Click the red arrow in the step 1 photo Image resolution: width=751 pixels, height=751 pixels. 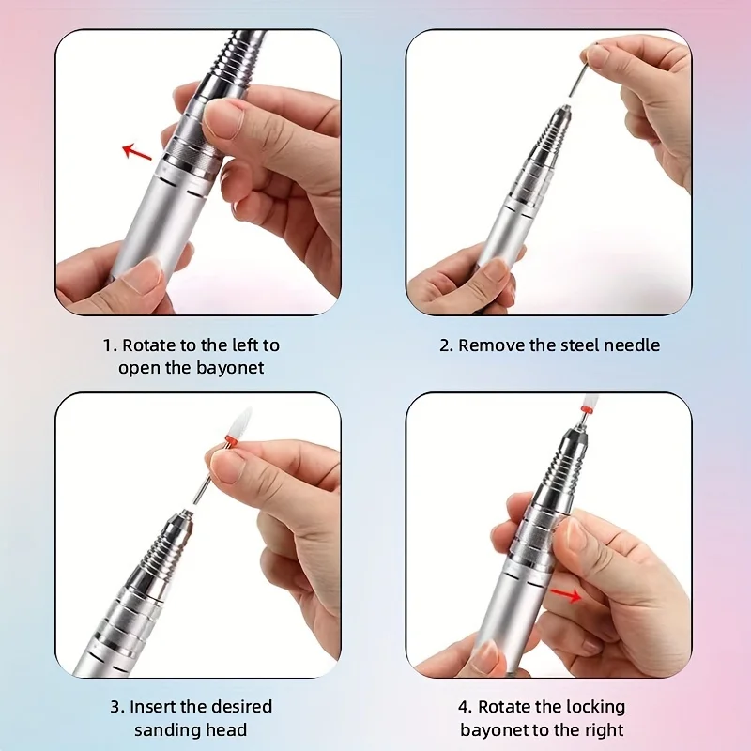[x=138, y=150]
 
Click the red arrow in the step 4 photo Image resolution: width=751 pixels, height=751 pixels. [x=566, y=593]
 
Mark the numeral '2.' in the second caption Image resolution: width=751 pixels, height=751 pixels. [x=447, y=345]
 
